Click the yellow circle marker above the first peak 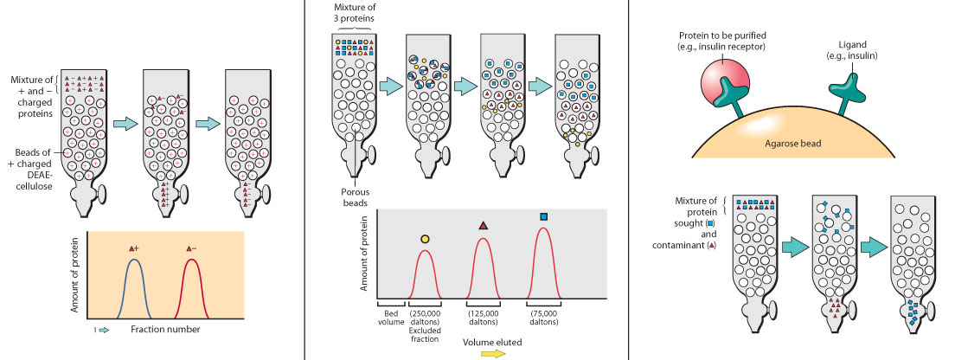425,239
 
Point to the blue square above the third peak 543,216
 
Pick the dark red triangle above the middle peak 484,227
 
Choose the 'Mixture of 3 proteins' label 354,12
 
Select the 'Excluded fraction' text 426,331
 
